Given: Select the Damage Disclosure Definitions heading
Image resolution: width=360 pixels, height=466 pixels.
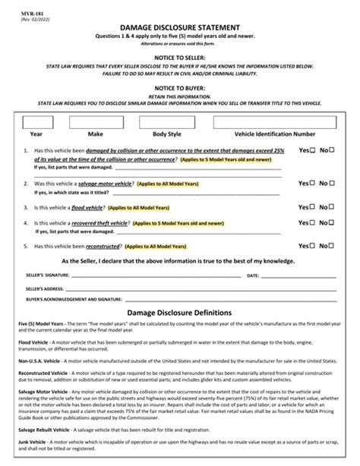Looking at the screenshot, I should (179, 313).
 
